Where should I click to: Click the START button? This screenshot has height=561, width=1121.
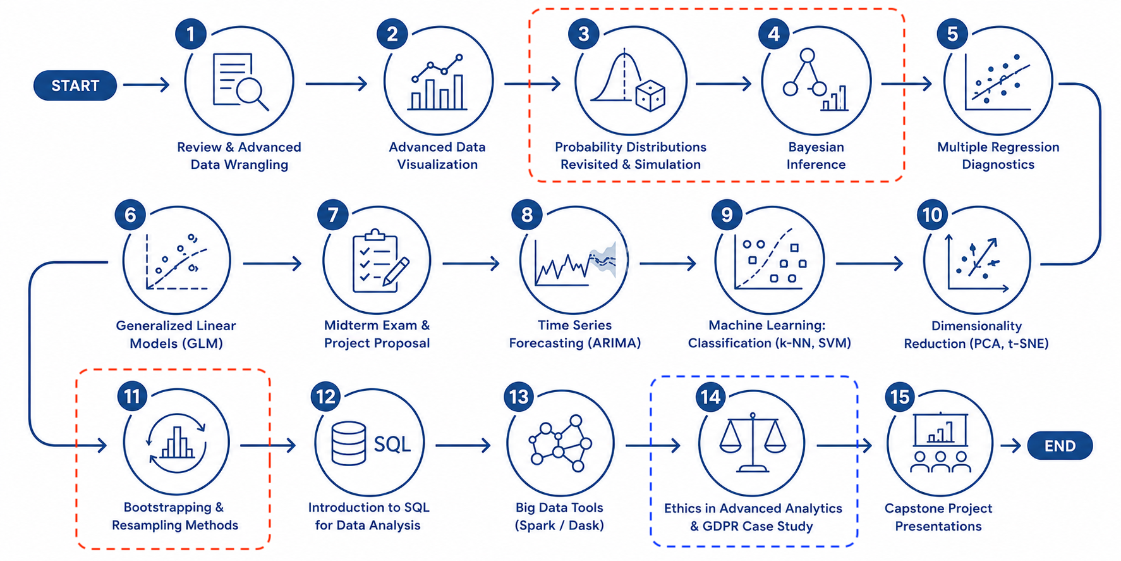(75, 85)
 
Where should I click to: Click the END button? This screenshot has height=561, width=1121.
(1060, 446)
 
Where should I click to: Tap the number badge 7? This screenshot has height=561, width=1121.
(333, 216)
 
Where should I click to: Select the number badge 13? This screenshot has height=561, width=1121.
(519, 397)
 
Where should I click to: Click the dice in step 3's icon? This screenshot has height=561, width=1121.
(650, 97)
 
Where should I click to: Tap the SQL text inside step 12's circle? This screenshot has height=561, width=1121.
(392, 444)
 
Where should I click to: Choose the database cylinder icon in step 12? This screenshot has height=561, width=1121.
(349, 443)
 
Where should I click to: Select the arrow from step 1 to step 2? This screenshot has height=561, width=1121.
(337, 83)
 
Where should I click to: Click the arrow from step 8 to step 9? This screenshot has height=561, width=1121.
(668, 263)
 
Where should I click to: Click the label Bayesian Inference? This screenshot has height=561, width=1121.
(816, 156)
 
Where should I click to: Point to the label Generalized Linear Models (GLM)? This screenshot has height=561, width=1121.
(176, 335)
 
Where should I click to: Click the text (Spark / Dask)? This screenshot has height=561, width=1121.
(559, 526)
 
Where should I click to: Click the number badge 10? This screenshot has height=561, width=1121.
(933, 216)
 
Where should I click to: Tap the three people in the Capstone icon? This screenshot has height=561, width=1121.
(940, 462)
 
